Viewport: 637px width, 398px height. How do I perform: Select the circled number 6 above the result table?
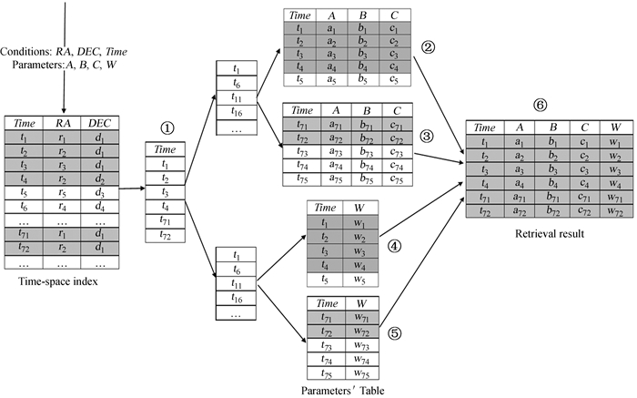click(541, 105)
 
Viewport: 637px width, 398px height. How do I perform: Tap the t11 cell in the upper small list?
click(236, 97)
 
